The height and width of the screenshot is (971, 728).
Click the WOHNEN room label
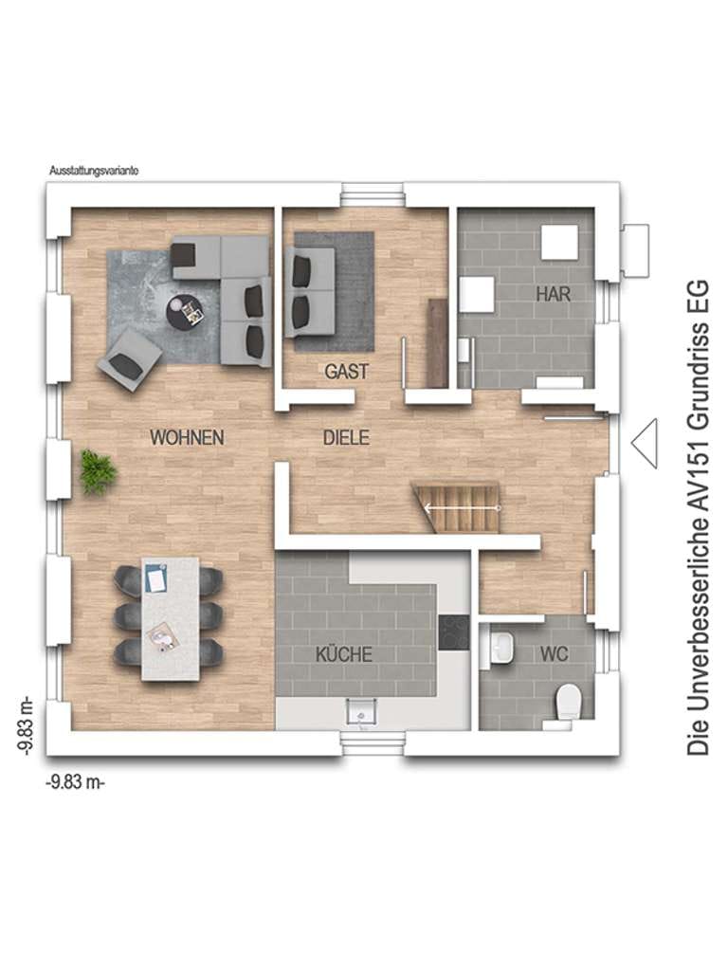click(187, 438)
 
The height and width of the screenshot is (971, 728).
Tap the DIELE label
click(346, 438)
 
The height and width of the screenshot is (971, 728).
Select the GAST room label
click(347, 372)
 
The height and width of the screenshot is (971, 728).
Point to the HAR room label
click(554, 294)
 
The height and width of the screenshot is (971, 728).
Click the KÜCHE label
click(344, 654)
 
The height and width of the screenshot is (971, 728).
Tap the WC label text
click(554, 654)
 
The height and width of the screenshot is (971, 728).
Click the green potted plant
click(98, 473)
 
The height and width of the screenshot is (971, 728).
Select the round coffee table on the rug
click(185, 311)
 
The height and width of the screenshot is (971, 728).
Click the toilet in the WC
click(569, 701)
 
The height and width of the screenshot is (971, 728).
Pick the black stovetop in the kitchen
click(454, 632)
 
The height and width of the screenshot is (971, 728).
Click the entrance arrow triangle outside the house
click(645, 443)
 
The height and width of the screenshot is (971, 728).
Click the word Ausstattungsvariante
click(94, 171)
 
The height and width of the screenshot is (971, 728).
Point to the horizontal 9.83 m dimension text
click(75, 782)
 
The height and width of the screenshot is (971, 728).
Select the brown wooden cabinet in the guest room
click(438, 343)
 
